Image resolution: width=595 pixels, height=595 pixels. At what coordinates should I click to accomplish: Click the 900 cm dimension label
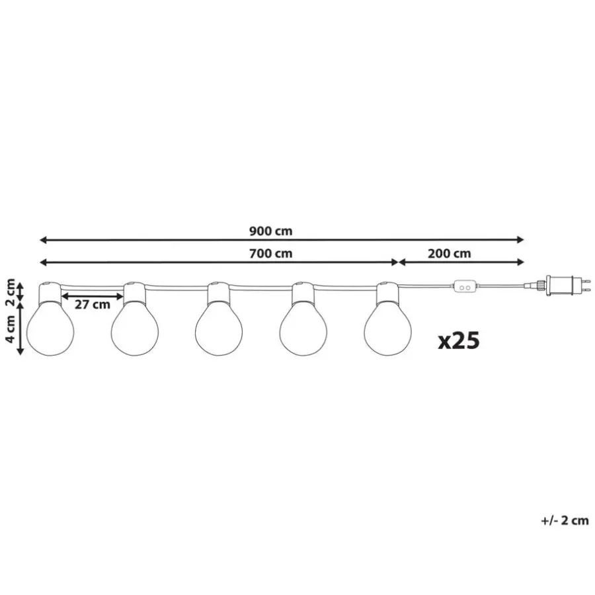(270, 231)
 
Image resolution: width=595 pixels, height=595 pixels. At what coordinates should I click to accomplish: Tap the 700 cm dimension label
(270, 253)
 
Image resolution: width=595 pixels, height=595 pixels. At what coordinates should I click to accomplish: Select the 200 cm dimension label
(450, 253)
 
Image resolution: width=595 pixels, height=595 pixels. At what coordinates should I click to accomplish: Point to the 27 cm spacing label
(92, 304)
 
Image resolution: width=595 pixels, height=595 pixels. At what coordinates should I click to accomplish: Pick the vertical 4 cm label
(11, 329)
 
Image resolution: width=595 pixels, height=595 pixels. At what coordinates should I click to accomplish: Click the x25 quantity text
(459, 340)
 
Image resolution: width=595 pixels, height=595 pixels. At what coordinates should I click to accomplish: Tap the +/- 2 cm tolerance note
(565, 520)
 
